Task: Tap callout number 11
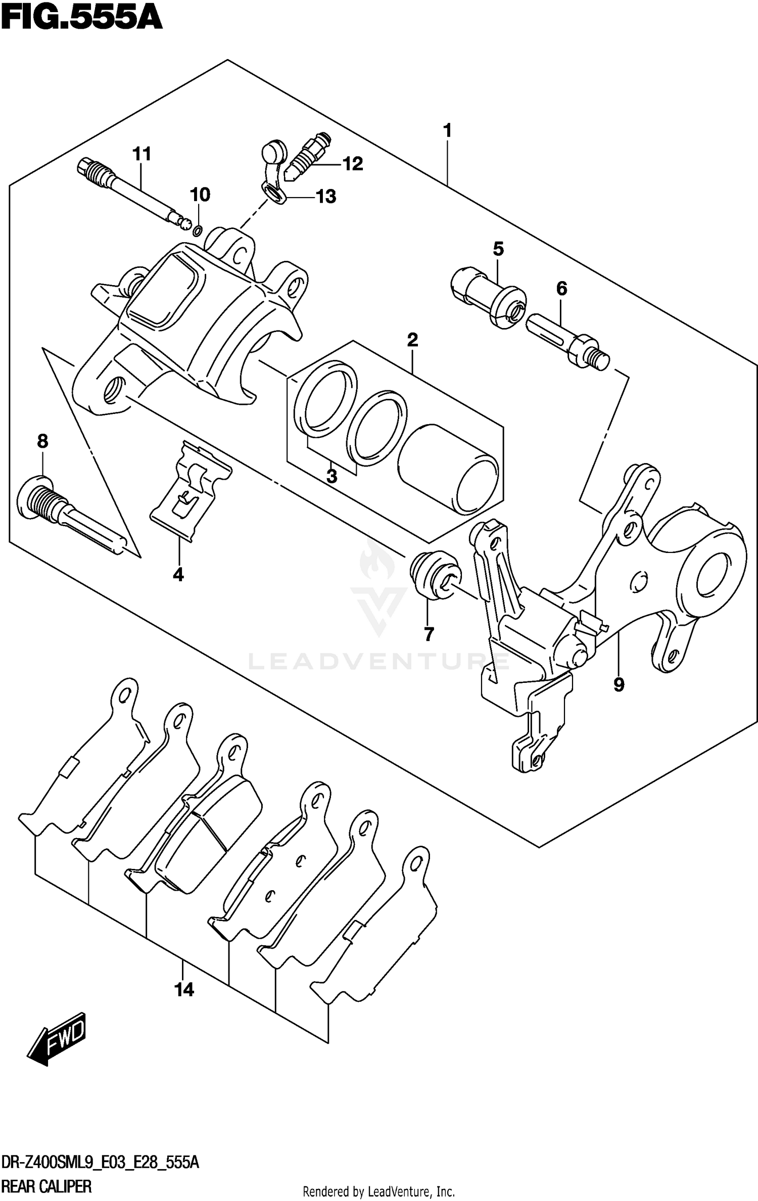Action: (142, 154)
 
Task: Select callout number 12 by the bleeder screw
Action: (352, 164)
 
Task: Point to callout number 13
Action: (326, 197)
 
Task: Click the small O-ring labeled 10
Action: (198, 231)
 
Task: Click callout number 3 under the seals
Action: (331, 477)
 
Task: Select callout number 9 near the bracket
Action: (619, 685)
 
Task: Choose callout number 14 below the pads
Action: (184, 990)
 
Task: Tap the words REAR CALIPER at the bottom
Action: (46, 1186)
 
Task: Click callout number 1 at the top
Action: (447, 131)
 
